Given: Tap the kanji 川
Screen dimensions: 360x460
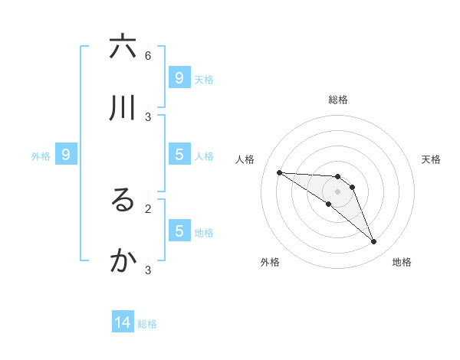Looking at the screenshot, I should pos(123,108).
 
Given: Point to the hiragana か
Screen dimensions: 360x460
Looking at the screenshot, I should pos(123,261).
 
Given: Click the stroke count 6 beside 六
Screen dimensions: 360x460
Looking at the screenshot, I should pos(148,55).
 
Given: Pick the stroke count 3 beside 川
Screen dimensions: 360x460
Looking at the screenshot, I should pos(148,116).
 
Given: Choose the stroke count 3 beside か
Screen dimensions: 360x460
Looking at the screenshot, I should pos(148,270).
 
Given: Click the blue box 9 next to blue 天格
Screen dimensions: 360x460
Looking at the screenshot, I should pos(179,77).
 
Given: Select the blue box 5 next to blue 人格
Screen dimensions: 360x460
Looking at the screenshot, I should pos(179,154).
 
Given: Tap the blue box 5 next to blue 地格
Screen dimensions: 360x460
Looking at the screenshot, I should pos(179,231).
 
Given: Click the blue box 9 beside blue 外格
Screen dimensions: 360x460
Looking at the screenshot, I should pos(66,154).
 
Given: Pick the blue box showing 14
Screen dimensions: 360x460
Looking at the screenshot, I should pos(123,322).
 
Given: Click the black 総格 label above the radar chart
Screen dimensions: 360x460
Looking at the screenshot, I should pos(338,100).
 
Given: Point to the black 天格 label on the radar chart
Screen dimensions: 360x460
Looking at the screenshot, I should pos(431,159).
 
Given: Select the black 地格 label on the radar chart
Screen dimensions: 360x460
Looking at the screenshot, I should pos(402,262).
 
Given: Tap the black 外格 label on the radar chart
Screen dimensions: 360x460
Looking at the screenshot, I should pos(270,262).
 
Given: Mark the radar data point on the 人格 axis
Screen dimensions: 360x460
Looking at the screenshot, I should pos(279,172).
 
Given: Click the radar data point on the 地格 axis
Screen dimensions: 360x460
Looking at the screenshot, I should pos(374,242).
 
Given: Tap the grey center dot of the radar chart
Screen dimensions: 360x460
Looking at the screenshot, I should pos(337,191).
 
